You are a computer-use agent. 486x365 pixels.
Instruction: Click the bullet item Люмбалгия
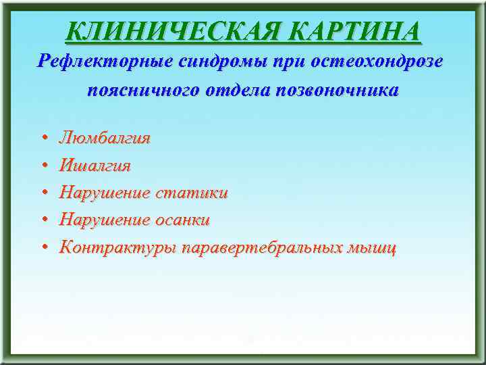pos(105,139)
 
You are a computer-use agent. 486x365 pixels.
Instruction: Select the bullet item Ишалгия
pos(95,166)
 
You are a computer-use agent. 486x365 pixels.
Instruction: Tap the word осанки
pos(183,220)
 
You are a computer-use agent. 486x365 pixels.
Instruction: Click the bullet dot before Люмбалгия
pos(43,139)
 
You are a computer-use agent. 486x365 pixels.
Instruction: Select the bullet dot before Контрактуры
pos(43,247)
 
